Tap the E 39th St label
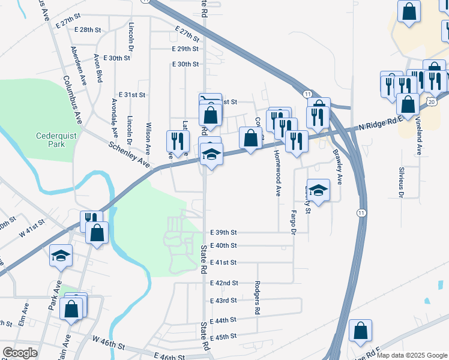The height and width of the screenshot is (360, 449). tap(223, 232)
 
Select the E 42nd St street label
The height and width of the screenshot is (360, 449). tap(223, 283)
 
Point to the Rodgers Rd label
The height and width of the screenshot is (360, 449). tap(256, 298)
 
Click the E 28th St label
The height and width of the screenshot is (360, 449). tap(87, 29)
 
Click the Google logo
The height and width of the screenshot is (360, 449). tap(20, 353)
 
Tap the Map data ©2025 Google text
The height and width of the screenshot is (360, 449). tap(411, 355)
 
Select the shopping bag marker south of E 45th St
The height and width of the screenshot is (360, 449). tap(360, 330)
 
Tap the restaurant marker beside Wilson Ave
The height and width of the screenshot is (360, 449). tap(178, 141)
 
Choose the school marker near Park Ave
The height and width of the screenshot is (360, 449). tap(61, 256)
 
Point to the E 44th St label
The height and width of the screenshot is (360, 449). tap(223, 320)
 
